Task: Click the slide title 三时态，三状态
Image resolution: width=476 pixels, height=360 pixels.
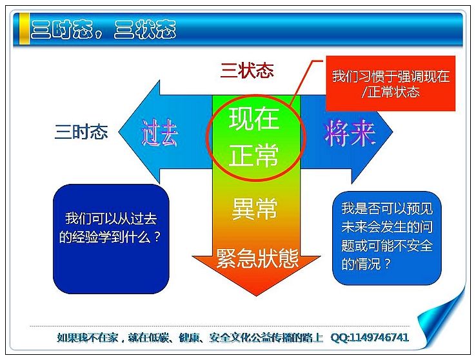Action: point(103,30)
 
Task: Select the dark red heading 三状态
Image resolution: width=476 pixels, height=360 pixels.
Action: point(247,70)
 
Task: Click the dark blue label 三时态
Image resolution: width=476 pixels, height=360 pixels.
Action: point(81,132)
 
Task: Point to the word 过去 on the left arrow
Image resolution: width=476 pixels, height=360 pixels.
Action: point(160,134)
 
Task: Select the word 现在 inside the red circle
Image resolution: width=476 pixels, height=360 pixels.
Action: point(253,119)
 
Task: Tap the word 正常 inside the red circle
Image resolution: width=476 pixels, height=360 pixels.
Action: point(253,155)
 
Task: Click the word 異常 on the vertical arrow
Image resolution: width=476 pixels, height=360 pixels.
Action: point(254,208)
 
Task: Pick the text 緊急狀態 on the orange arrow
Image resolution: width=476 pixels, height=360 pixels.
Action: point(257,258)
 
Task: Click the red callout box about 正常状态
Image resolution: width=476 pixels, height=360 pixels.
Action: point(391,83)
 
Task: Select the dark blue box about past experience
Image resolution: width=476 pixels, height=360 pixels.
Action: point(111,239)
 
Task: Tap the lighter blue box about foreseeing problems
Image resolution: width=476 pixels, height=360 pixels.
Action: point(387,238)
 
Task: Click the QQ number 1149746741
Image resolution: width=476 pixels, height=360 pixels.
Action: point(379,337)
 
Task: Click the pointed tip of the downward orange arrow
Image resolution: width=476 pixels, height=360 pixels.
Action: point(257,295)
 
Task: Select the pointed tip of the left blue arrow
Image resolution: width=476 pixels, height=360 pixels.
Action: point(119,132)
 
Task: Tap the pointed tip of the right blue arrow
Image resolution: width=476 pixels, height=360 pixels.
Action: point(393,132)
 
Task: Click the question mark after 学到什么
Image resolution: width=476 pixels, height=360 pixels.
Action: point(157,237)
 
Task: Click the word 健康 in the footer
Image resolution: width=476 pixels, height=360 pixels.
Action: point(189,337)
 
